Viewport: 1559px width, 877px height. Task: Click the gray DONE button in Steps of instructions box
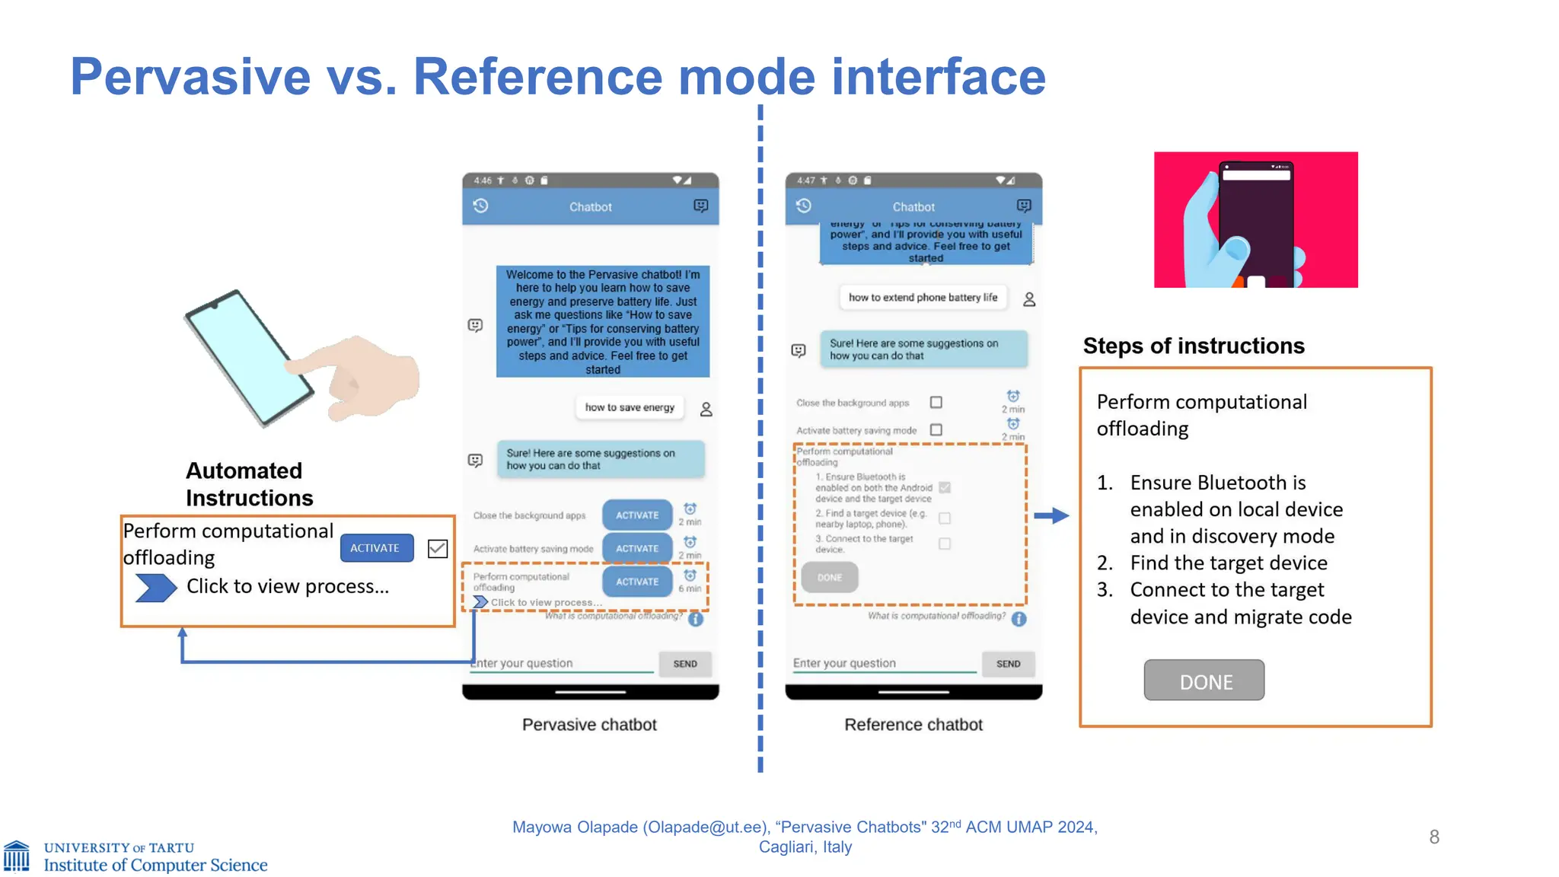click(x=1204, y=681)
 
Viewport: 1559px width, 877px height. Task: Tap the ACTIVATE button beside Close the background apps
click(x=637, y=515)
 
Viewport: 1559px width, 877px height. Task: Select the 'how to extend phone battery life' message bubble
click(x=923, y=298)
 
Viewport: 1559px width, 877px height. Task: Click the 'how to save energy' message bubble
click(x=630, y=408)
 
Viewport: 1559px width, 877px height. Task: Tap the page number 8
click(x=1434, y=837)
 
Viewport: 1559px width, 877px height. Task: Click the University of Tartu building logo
click(x=17, y=856)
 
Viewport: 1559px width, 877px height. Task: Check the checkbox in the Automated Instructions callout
click(x=438, y=549)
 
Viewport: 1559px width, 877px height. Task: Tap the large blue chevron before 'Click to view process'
click(x=155, y=588)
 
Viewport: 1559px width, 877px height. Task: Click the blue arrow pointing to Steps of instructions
click(x=1051, y=516)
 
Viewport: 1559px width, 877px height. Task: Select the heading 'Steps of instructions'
click(x=1193, y=346)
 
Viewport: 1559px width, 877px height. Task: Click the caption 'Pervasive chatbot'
click(x=589, y=725)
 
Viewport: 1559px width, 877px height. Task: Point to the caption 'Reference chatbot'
click(x=913, y=725)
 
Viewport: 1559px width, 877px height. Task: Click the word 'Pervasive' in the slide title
click(x=190, y=77)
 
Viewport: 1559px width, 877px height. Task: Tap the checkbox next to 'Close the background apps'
click(x=936, y=402)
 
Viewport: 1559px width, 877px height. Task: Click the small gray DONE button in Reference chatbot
click(x=829, y=578)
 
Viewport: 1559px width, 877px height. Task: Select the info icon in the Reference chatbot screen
click(x=1019, y=619)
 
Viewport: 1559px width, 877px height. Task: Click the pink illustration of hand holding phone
click(x=1255, y=220)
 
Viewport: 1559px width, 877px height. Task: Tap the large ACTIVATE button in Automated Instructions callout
click(x=376, y=548)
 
